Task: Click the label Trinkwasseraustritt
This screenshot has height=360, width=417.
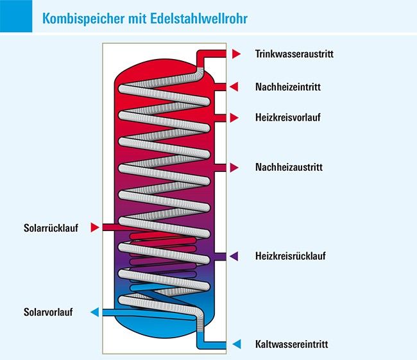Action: tap(294, 54)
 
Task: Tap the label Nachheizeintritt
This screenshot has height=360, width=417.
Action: tap(288, 87)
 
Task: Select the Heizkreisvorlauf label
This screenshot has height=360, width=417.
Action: tap(288, 117)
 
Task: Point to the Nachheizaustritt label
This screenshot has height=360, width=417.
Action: tap(289, 167)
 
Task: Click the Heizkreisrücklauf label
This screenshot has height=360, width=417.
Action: tap(291, 256)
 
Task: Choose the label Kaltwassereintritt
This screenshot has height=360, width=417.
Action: tap(291, 344)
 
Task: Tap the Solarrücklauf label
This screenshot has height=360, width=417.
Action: tap(51, 228)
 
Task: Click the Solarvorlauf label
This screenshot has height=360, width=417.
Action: tap(48, 312)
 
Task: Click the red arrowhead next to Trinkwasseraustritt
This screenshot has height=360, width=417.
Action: tap(236, 54)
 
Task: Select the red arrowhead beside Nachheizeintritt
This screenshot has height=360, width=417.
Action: tap(234, 87)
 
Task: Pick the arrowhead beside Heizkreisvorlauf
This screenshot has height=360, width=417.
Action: tap(234, 117)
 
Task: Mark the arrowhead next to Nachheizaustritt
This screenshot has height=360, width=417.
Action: tap(234, 167)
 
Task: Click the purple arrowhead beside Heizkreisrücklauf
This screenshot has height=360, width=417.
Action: tap(234, 256)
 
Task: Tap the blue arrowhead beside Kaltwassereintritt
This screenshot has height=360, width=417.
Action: tap(237, 344)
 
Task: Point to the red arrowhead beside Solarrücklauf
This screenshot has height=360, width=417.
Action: tap(95, 228)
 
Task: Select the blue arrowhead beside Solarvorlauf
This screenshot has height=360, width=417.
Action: tap(95, 312)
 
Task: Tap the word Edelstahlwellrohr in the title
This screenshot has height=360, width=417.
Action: tap(199, 19)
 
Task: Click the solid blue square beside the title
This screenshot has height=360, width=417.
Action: tap(16, 16)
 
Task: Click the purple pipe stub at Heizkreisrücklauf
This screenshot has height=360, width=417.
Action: tap(221, 257)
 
